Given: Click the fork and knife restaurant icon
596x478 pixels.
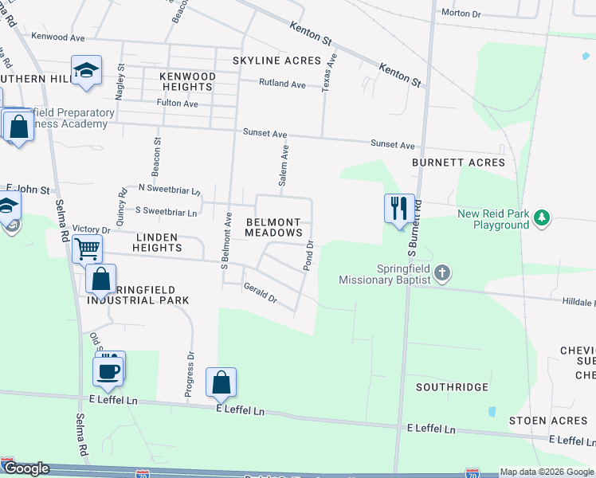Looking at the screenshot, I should [399, 209].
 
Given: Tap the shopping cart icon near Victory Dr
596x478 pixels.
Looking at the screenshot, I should [87, 249].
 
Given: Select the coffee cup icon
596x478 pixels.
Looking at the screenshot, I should [108, 370].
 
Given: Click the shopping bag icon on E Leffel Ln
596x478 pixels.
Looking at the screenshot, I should [221, 382].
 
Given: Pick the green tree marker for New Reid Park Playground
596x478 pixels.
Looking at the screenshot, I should [542, 217].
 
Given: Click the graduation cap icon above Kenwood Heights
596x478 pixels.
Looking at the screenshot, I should [85, 70].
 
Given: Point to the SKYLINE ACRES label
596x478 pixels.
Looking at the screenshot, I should [276, 61].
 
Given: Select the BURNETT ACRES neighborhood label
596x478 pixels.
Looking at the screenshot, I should [458, 163].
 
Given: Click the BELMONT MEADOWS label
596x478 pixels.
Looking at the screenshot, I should [273, 227].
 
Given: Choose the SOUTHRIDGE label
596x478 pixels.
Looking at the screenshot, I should [452, 387].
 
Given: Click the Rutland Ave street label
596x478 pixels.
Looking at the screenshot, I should [283, 84].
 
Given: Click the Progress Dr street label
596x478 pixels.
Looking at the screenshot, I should [190, 366].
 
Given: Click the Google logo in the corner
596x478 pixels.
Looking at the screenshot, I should [26, 469].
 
